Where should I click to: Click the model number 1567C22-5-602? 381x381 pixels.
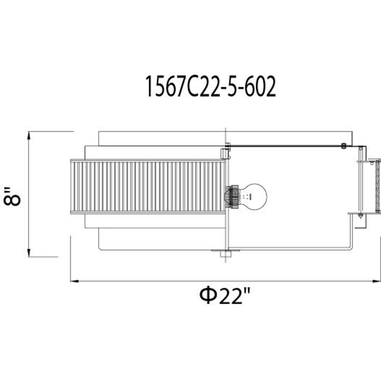[210, 86]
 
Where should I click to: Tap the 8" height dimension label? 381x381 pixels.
[12, 196]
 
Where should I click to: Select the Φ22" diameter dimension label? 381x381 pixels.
[224, 296]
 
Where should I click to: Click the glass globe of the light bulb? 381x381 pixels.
[254, 197]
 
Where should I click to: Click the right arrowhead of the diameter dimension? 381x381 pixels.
[377, 281]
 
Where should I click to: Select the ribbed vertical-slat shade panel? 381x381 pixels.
[148, 186]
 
